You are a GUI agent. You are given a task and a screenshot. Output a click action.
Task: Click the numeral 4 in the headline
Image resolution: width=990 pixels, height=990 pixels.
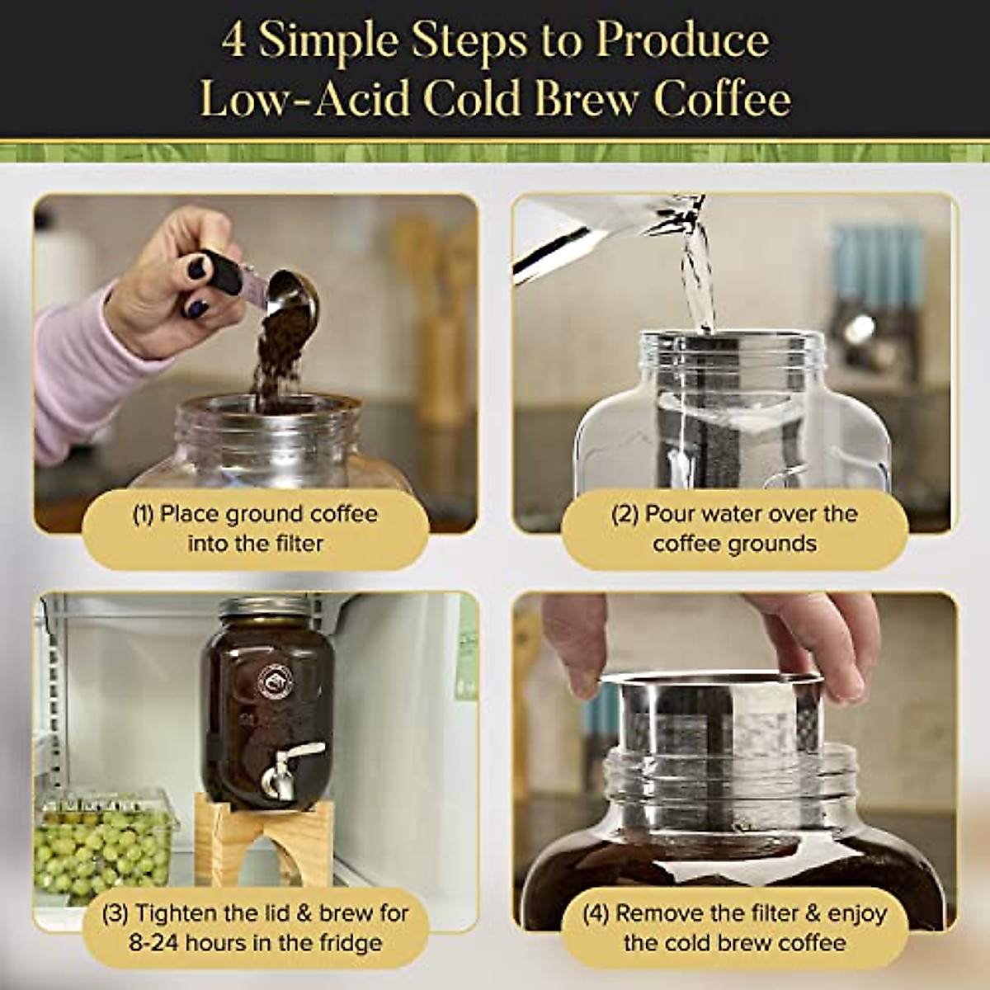[x=233, y=41]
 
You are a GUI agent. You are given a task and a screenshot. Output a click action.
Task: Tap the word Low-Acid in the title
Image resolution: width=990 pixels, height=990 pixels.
[x=304, y=100]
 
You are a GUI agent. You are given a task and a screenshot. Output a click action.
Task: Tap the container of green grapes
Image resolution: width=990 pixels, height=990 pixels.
[x=103, y=841]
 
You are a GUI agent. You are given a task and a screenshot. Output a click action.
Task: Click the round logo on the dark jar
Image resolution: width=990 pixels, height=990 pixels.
[x=273, y=681]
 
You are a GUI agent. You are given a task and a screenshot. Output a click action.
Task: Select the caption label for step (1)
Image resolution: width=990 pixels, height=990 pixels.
[x=255, y=529]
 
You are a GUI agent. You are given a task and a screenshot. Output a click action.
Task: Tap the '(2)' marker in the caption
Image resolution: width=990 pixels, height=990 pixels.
[x=625, y=514]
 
